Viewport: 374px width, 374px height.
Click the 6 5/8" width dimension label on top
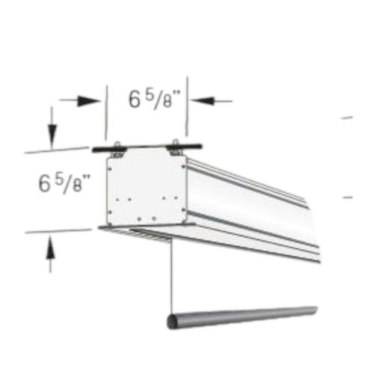tap(154, 99)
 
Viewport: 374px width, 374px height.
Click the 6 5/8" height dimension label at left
tap(64, 183)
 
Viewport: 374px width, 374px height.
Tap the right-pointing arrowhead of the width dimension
tap(89, 101)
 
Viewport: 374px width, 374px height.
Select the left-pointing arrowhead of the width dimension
tap(203, 101)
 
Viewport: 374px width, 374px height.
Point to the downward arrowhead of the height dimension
tap(52, 136)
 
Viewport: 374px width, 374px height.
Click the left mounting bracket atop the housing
tap(119, 150)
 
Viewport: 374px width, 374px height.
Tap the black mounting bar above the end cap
tap(147, 147)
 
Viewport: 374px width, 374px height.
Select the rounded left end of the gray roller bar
tap(171, 322)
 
